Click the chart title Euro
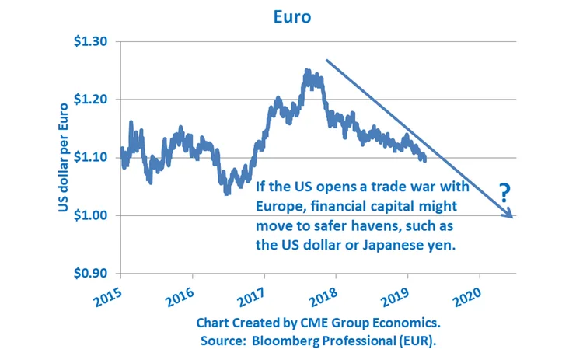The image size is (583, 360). coord(291,16)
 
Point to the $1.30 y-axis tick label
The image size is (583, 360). coord(92,41)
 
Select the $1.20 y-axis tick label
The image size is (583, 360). coord(92,100)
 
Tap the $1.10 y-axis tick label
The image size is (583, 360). coord(92,157)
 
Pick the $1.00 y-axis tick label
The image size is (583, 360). coord(92,215)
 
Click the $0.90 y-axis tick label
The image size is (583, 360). coord(92,274)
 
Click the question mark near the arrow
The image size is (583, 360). coord(504,191)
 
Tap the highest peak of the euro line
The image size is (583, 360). coord(307,72)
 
